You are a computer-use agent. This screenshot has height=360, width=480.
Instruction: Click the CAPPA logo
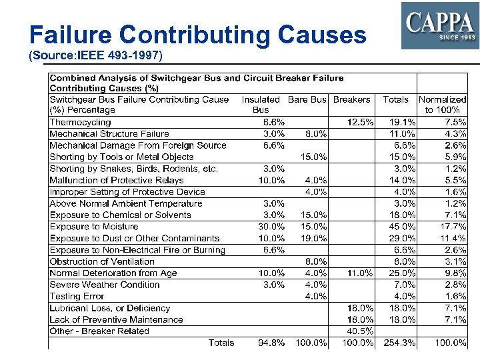(439, 25)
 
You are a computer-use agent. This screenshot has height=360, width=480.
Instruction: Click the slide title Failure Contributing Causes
(198, 35)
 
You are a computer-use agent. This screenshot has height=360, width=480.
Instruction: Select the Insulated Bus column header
(261, 105)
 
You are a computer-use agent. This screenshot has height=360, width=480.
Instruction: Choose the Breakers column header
(351, 99)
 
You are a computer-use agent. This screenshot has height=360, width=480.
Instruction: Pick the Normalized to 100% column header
(443, 105)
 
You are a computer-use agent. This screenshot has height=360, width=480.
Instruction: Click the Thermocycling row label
(81, 123)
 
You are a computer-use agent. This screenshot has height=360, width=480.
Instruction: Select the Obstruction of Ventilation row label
(102, 261)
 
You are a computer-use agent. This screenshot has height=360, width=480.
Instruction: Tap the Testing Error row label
(77, 296)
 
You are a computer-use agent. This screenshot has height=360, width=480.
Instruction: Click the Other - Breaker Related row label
(99, 331)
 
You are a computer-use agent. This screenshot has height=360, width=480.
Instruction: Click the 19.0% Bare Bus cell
(314, 238)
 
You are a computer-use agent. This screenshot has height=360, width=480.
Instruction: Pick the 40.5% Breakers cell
(360, 331)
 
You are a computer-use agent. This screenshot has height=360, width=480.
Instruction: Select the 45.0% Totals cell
(403, 227)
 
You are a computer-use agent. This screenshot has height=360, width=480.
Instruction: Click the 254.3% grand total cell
(400, 343)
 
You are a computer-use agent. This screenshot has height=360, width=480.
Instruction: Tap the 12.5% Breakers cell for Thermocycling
(360, 123)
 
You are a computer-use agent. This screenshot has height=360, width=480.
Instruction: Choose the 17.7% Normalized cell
(453, 227)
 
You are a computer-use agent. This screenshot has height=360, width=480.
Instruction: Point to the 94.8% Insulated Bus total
(272, 343)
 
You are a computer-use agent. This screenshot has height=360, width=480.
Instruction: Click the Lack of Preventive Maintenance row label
(116, 319)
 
